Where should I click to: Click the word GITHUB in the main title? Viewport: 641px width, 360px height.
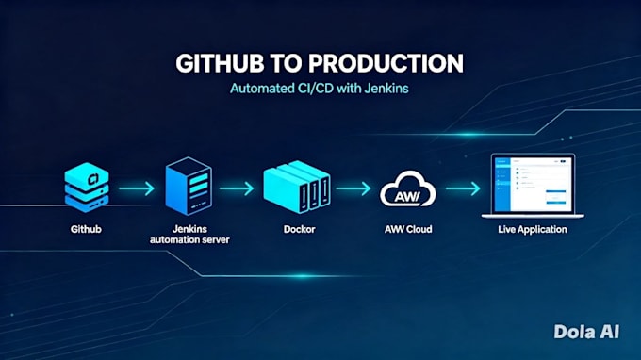coord(220,64)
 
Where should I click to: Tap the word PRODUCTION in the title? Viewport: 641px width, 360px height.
coord(386,64)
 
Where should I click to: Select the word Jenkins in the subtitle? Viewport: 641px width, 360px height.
coord(386,89)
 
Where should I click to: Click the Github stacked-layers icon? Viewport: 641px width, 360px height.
coord(87,188)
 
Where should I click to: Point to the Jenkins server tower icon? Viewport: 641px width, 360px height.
coord(189,186)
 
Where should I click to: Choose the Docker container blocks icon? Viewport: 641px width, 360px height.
coord(297,187)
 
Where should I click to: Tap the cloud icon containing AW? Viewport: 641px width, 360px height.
coord(408,188)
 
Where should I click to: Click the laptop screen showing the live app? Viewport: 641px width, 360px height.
coord(533,184)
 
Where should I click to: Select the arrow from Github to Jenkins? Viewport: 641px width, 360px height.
coord(137,188)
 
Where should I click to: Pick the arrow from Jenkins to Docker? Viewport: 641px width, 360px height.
coord(237,188)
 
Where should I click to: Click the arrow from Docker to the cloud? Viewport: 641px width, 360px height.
coord(353,188)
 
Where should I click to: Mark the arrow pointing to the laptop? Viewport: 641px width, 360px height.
coord(463,188)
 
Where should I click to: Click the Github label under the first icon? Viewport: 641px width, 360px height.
coord(86,229)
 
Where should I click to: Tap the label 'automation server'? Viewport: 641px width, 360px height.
coord(189,240)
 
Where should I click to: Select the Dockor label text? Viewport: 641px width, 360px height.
coord(299,229)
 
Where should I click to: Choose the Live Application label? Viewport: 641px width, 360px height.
coord(533,230)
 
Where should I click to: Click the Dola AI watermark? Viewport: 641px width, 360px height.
coord(586,332)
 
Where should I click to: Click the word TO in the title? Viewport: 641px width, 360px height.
coord(287,64)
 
